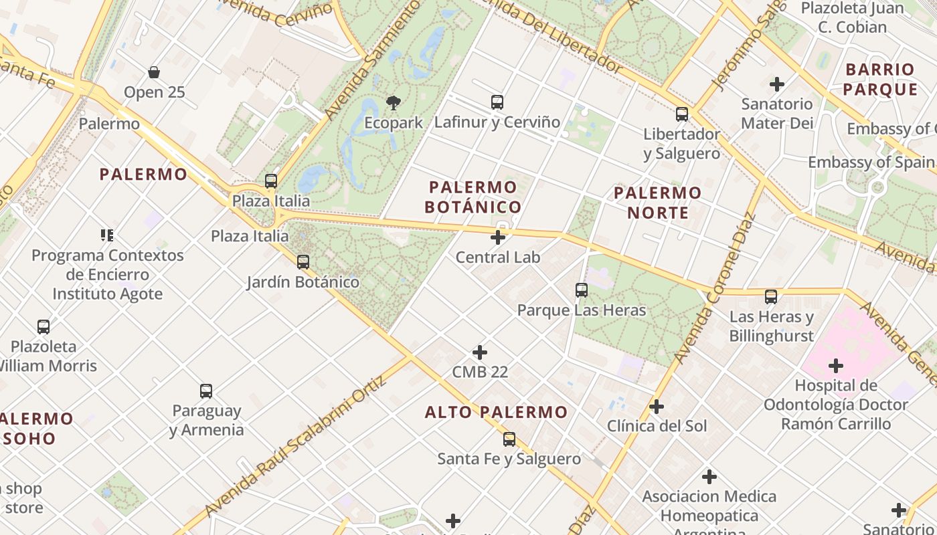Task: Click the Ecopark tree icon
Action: (394, 103)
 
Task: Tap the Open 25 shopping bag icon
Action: (154, 72)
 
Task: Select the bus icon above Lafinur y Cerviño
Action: (497, 102)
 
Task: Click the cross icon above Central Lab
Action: (497, 237)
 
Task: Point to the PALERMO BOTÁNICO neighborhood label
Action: (473, 197)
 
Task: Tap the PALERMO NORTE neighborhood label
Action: (657, 203)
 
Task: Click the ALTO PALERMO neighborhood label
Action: (496, 412)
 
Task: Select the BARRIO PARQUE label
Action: (879, 79)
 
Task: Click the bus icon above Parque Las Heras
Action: (581, 290)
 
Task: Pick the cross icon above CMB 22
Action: (480, 352)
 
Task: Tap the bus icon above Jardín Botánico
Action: (303, 262)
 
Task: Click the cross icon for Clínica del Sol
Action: (657, 407)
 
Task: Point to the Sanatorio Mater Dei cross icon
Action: (776, 84)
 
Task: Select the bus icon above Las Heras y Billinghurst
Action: (771, 296)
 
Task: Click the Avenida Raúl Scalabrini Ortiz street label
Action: (295, 447)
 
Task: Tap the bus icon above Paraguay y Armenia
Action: (206, 391)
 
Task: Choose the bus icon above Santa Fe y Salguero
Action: (509, 439)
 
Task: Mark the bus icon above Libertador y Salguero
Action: (681, 114)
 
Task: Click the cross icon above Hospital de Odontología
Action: (835, 366)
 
